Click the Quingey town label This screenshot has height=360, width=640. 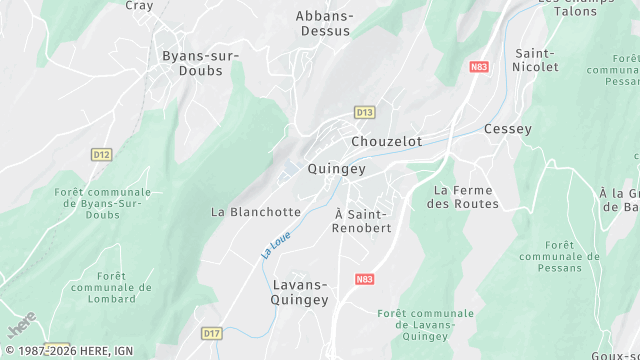pyautogui.click(x=336, y=169)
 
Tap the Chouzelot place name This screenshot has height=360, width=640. pyautogui.click(x=386, y=142)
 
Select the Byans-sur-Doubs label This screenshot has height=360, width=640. pyautogui.click(x=200, y=63)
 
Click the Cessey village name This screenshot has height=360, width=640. pyautogui.click(x=508, y=129)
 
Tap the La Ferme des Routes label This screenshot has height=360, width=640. pyautogui.click(x=462, y=197)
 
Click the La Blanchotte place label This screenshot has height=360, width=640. pyautogui.click(x=256, y=212)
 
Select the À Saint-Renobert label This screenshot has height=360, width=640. pyautogui.click(x=362, y=221)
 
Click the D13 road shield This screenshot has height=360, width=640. pyautogui.click(x=364, y=113)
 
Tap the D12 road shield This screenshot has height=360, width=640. pyautogui.click(x=101, y=155)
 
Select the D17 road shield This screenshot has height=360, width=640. pyautogui.click(x=211, y=333)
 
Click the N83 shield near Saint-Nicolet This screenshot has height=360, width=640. pyautogui.click(x=478, y=67)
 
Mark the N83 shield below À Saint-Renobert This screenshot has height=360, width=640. pyautogui.click(x=365, y=280)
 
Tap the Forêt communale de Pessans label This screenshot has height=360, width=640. pyautogui.click(x=559, y=256)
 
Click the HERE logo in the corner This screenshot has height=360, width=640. pyautogui.click(x=21, y=325)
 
